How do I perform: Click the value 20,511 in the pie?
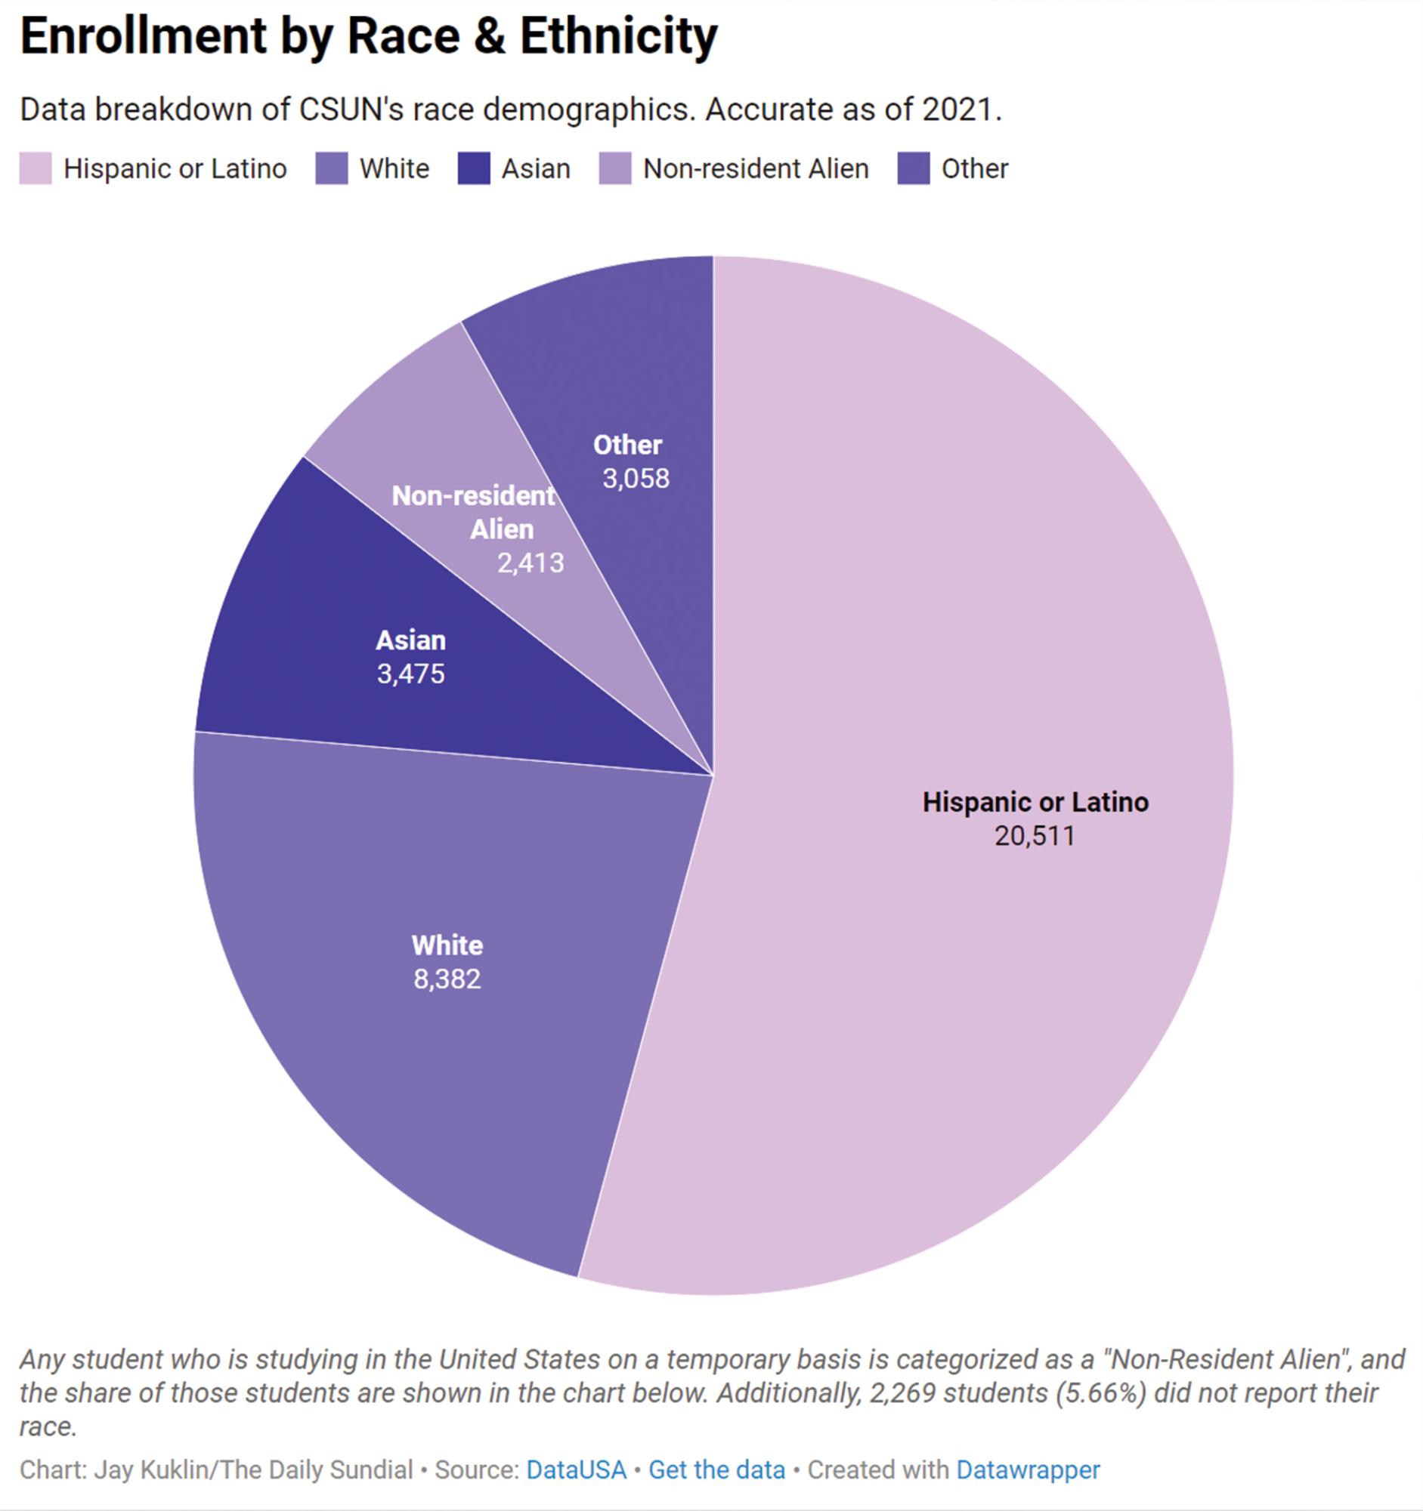click(1035, 836)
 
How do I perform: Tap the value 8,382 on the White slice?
click(447, 979)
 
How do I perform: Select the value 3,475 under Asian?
click(410, 674)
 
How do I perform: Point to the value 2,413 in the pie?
click(531, 563)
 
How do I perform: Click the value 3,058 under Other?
click(636, 479)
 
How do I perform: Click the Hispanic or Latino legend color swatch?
click(36, 168)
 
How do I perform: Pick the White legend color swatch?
click(332, 168)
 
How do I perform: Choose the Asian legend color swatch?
click(474, 168)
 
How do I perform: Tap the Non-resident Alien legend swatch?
click(615, 168)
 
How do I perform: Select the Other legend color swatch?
click(914, 168)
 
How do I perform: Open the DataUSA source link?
click(576, 1470)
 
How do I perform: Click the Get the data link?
click(716, 1470)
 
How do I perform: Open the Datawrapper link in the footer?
click(1028, 1470)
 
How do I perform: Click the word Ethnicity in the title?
click(618, 36)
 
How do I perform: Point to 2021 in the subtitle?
click(957, 110)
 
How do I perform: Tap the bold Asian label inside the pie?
click(410, 641)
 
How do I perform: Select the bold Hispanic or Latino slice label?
click(1035, 803)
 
